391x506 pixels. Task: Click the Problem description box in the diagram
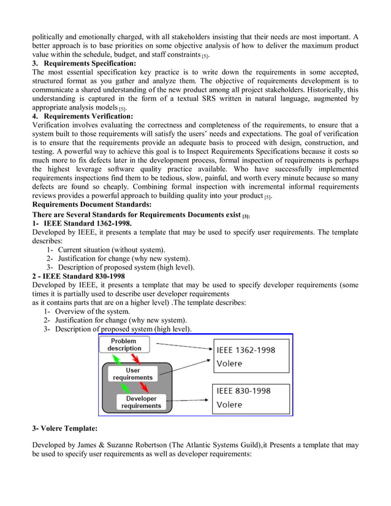124,345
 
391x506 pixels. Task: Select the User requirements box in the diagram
132,374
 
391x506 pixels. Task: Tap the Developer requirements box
141,402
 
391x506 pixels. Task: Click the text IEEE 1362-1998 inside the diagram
246,350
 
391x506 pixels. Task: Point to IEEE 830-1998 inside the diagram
243,391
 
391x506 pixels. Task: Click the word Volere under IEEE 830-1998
230,404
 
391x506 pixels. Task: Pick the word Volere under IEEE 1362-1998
230,363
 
